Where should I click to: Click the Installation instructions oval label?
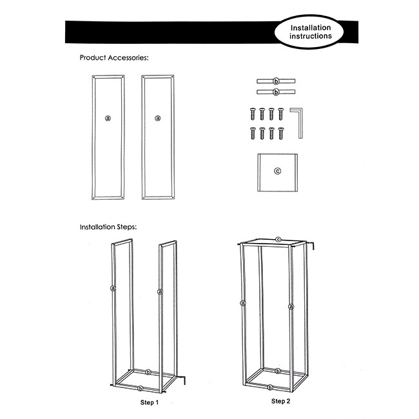coord(309,32)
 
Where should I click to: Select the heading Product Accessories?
coord(114,58)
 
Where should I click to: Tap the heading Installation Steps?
coord(108,227)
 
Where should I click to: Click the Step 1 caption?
coord(150,402)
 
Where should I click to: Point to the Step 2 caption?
coord(280,401)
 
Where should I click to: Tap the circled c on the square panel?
coord(278,171)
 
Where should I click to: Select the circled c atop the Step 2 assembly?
coord(278,239)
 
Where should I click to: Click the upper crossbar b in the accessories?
coord(276,81)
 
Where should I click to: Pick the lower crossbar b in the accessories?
coord(276,92)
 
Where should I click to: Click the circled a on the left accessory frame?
coord(108,118)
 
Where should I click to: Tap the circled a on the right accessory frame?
coord(158,118)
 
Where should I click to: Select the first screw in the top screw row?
coord(253,114)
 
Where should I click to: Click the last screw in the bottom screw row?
coord(281,133)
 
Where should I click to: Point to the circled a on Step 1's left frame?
coord(113,288)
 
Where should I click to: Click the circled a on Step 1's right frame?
coord(160,291)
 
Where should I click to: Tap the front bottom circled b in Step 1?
coord(141,389)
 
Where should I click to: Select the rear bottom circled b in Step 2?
coord(278,371)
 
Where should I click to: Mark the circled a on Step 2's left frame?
coord(242,303)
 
